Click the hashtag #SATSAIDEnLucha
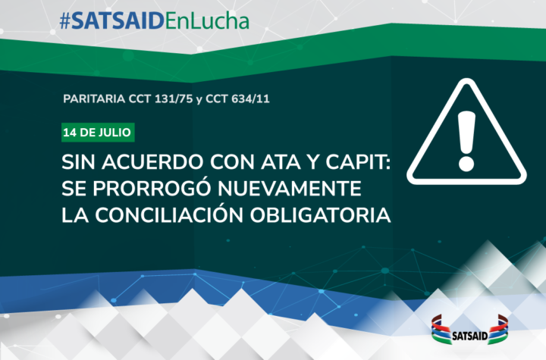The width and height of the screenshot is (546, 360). click(154, 21)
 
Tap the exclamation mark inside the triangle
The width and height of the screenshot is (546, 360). click(466, 141)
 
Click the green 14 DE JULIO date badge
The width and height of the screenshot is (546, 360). click(98, 133)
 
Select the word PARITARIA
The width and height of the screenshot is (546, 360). click(94, 99)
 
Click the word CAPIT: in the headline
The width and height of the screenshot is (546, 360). click(358, 162)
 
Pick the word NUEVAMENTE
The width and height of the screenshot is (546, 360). click(290, 189)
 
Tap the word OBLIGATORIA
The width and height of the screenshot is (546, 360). click(320, 215)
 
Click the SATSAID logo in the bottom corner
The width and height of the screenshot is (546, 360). click(469, 330)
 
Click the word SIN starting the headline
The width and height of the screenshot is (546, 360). click(78, 162)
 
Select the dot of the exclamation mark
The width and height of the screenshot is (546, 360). click(466, 164)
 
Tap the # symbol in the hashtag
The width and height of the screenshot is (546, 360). click(65, 22)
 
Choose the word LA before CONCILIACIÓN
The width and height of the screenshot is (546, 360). click(75, 215)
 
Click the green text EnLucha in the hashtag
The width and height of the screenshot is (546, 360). click(207, 21)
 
